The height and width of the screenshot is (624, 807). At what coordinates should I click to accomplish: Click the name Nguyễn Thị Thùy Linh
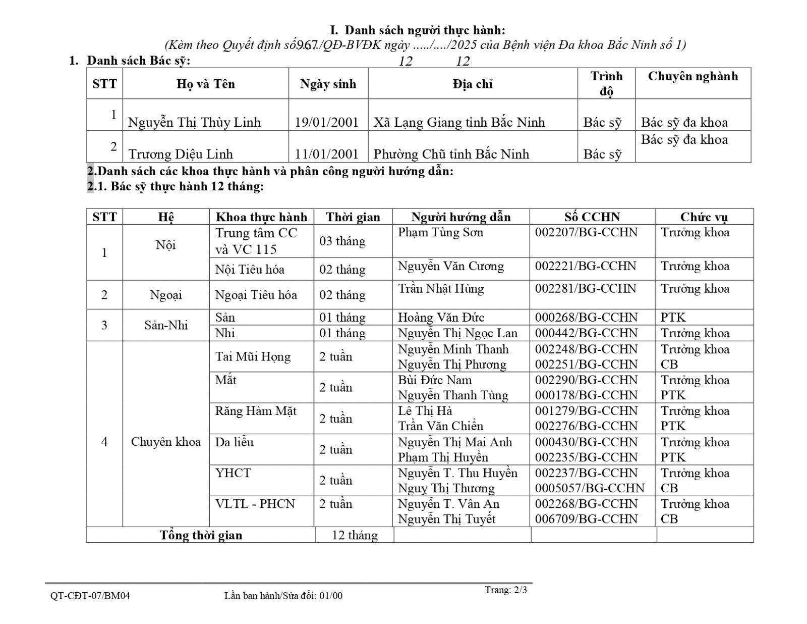coord(194,123)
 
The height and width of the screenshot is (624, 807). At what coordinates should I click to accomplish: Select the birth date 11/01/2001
coord(326,154)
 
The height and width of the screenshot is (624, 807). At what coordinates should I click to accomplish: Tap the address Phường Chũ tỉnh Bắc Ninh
coord(451,154)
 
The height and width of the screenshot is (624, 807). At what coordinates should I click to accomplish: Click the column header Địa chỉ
coord(473,84)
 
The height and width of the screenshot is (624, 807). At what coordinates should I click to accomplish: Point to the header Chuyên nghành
coord(693,77)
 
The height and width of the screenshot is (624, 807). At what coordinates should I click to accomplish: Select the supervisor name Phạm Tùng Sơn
coord(440,232)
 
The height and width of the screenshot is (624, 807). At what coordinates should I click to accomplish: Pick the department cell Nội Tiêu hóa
coord(250,270)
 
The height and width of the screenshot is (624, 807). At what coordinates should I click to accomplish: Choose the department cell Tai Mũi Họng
coord(253,357)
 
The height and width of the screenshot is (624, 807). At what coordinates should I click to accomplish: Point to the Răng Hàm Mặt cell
coord(256,411)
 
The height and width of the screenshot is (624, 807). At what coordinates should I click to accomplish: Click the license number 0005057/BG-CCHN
coord(590,488)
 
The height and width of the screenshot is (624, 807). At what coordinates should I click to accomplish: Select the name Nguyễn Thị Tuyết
coord(446,519)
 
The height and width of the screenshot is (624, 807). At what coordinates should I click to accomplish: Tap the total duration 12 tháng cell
coord(355,535)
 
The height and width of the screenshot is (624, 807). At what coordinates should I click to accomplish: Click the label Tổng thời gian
coord(201,535)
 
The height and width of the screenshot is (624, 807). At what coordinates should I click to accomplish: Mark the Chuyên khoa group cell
coord(165,442)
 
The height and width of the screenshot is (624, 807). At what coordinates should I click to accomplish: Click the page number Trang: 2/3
coord(506,590)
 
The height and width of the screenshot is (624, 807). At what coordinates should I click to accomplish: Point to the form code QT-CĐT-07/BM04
coord(90,596)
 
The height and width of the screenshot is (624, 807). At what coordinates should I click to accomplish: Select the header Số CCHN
coord(592,217)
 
